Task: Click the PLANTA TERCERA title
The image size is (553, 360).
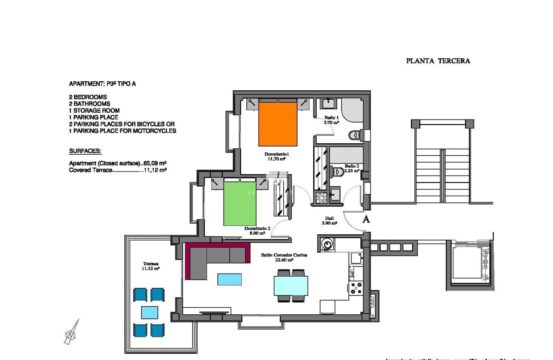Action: coord(438,61)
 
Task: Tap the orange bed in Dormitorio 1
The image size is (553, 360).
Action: coord(278,124)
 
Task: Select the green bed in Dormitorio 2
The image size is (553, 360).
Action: coord(240,203)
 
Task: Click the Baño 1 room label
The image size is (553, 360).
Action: coord(331,120)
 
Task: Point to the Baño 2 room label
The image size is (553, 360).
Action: coord(351,168)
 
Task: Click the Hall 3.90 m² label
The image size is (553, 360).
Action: coord(329,220)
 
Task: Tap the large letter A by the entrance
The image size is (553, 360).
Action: coord(366,219)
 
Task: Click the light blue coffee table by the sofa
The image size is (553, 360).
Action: coord(230,279)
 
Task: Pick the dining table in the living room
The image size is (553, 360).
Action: coord(291,285)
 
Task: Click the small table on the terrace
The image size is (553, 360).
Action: coord(150,312)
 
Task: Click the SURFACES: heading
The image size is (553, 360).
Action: coord(85,151)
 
